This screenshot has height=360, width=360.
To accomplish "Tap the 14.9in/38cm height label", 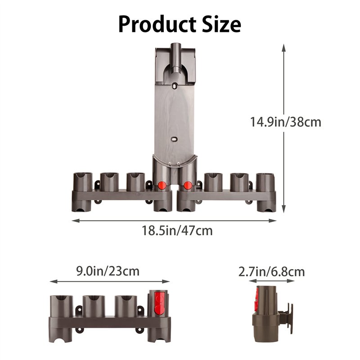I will click(285, 121).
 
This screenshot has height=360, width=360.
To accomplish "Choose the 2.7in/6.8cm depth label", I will click(271, 271).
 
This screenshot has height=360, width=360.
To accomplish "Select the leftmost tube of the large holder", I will click(82, 182).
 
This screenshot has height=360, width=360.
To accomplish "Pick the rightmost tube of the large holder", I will click(266, 182).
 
